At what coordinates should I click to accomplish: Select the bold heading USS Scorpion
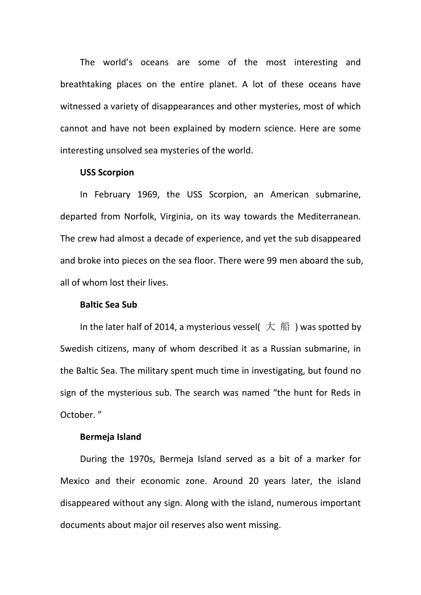[107, 172]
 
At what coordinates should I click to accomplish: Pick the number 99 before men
[271, 260]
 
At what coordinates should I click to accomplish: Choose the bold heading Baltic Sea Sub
[108, 305]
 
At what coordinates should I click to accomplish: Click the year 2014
[165, 327]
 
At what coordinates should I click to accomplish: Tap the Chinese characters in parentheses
[278, 327]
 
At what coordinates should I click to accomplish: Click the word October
[77, 415]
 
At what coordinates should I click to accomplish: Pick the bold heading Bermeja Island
[110, 437]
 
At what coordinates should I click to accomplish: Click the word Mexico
[75, 481]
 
